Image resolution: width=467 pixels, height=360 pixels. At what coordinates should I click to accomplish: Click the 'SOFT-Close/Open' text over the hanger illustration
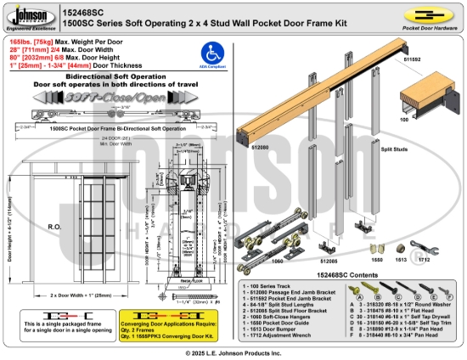tap(85, 99)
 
